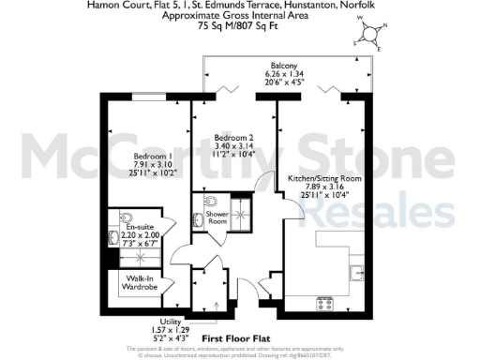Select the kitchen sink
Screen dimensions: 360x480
tap(357, 272)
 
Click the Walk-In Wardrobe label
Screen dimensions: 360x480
tap(132, 283)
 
